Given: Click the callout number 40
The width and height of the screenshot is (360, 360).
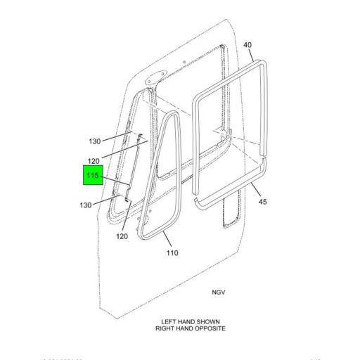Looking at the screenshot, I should tap(247, 46).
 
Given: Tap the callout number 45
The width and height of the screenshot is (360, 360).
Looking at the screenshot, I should tap(262, 202).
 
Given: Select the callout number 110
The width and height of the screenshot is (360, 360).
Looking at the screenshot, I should tap(172, 253).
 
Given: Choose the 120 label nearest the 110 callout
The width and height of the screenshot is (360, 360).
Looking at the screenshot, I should tap(122, 236).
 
